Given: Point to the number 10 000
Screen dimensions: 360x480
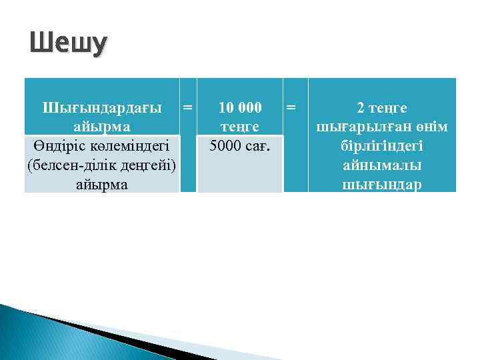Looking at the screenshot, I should [241, 108].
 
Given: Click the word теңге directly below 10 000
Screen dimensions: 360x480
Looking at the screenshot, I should [241, 127].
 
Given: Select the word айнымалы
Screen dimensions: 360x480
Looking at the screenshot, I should [382, 165].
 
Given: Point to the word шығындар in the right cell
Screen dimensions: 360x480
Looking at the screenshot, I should [382, 184].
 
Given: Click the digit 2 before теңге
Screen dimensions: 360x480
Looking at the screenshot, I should [361, 108].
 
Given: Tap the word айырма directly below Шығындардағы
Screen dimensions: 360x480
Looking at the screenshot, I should [102, 127].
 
